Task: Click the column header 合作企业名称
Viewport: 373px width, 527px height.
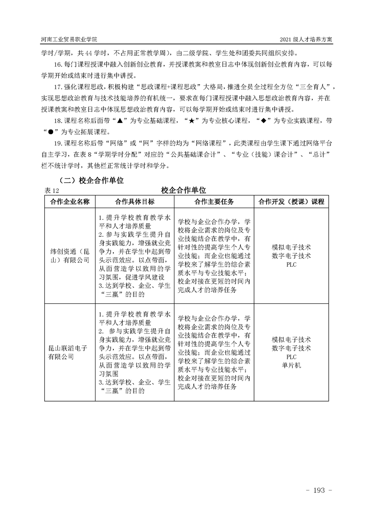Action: [x=70, y=201]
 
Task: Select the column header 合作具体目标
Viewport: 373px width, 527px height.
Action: [x=135, y=201]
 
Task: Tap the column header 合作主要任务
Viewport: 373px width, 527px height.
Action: [x=214, y=201]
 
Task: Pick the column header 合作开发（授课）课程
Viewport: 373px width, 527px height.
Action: [x=291, y=201]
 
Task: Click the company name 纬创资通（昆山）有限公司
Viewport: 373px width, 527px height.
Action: [x=70, y=256]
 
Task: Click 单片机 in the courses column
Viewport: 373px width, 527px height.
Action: [x=291, y=365]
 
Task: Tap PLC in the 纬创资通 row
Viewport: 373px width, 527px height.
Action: [x=291, y=264]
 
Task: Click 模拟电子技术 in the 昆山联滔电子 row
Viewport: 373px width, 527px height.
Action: [x=291, y=339]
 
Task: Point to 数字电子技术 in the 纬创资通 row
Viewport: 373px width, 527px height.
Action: [x=291, y=256]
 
